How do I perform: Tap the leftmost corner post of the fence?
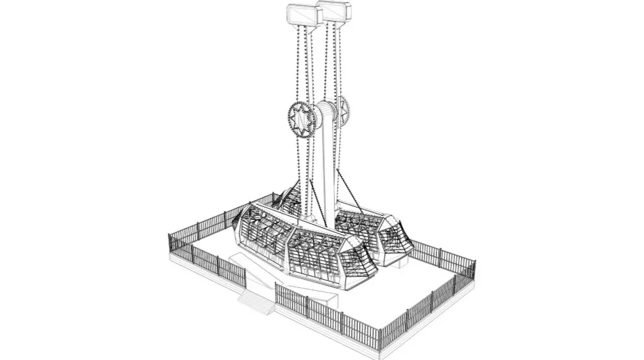point(170,244)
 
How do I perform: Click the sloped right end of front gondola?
point(364,262)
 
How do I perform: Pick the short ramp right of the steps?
point(324,299)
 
